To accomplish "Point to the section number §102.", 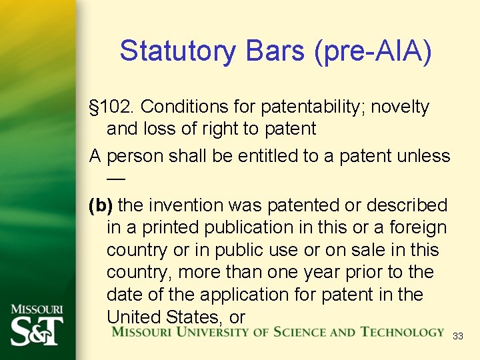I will pos(113,107).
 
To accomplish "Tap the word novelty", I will pos(403,107).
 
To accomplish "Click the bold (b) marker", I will pos(101,205).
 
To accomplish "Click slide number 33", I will pos(457,337).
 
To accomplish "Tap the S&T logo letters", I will pos(37,330).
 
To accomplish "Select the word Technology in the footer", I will pos(402,331).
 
